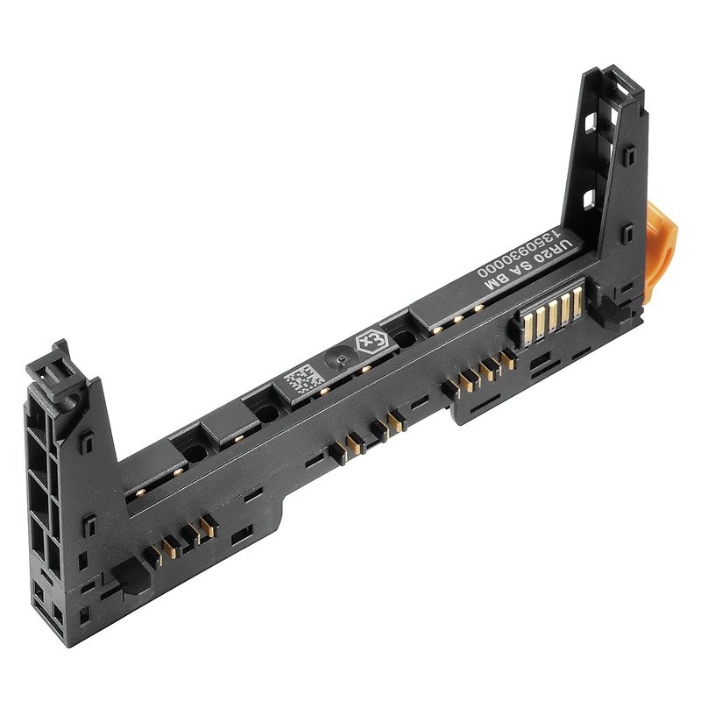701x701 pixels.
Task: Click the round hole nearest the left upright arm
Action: pyautogui.click(x=188, y=453)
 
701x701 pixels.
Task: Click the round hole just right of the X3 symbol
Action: pyautogui.click(x=404, y=337)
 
